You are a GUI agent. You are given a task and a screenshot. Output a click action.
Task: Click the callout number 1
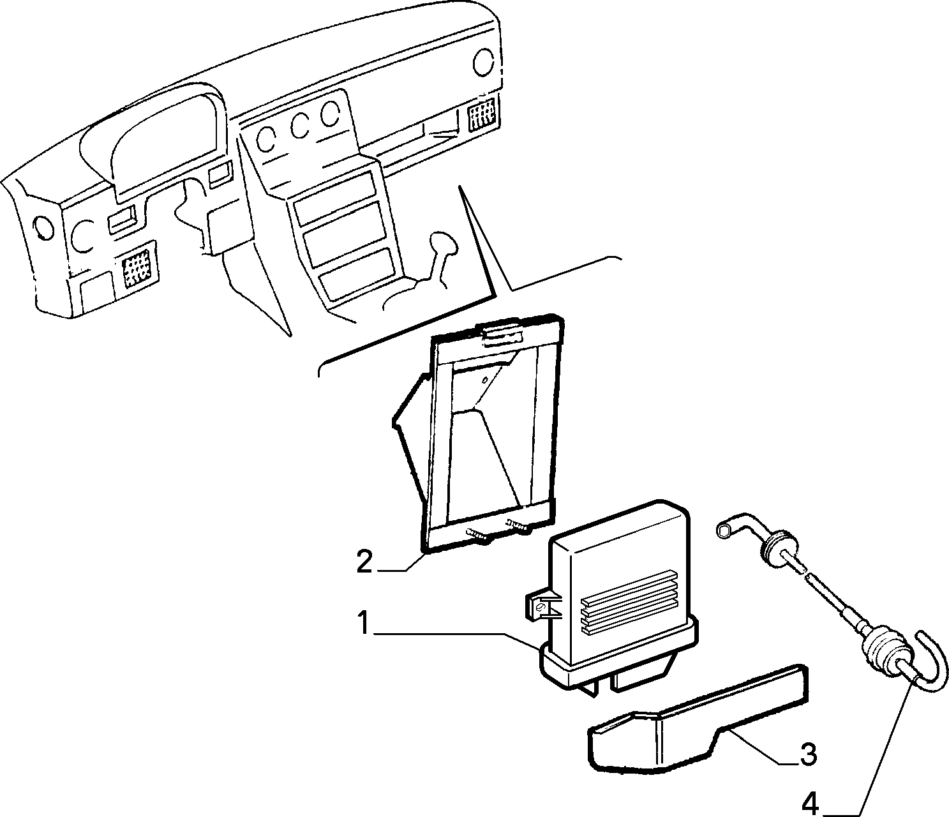tap(363, 623)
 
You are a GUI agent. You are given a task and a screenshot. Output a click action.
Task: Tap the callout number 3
tap(808, 754)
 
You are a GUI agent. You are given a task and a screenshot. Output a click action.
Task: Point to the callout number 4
tap(811, 804)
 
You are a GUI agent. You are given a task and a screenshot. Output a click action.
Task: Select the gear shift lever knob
tap(444, 244)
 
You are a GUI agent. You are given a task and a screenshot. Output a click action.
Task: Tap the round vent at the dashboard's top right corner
tap(484, 63)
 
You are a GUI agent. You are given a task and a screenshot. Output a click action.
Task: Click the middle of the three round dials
tap(300, 126)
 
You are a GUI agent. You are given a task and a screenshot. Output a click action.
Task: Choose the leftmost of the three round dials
tap(266, 139)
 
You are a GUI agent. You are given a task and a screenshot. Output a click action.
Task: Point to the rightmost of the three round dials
tap(331, 114)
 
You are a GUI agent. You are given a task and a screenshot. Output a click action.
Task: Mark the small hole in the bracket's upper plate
tap(484, 380)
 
